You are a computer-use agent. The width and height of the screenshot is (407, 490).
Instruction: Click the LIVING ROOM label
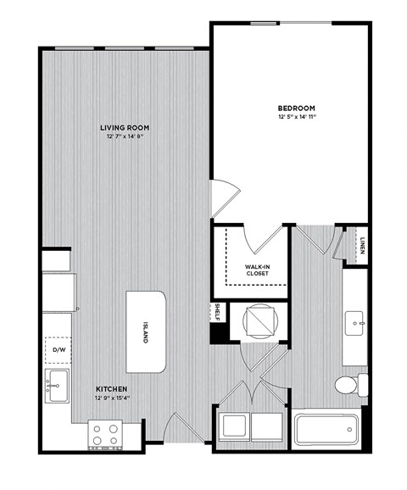pos(122,126)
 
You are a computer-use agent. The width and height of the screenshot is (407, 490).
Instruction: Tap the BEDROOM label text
pos(297,108)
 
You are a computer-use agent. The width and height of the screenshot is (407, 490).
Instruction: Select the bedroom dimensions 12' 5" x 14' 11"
pos(297,118)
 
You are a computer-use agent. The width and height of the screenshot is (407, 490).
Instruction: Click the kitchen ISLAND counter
pos(145,331)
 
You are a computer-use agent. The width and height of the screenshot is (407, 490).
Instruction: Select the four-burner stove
pos(105,436)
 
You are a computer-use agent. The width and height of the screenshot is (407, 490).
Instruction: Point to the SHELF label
pos(218,311)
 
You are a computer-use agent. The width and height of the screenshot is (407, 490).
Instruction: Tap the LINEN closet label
pos(361,248)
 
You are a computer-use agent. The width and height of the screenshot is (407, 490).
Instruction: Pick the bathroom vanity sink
pos(356,320)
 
